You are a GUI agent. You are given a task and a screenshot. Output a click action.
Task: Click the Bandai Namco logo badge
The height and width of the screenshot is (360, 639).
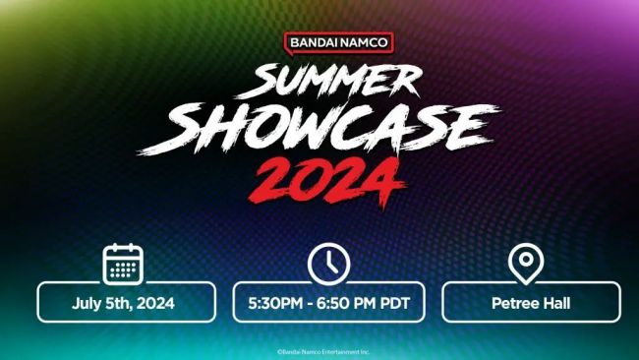pos(338,43)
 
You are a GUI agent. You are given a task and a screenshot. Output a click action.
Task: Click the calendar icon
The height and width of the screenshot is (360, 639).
pos(123,264)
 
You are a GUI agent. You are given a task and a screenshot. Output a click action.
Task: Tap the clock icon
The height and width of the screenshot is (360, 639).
pos(328,264)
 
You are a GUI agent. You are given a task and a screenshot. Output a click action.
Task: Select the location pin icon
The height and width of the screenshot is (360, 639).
pos(526,264)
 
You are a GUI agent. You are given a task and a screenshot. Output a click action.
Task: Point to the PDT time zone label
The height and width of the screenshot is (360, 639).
pos(393,303)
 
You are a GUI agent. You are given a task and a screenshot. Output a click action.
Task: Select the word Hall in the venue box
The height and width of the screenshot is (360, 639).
pos(555,303)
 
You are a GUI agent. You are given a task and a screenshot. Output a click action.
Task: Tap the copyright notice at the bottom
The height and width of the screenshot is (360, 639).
pos(319,350)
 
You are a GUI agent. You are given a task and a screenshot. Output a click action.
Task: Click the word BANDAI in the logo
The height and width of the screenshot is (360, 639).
pos(314,43)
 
